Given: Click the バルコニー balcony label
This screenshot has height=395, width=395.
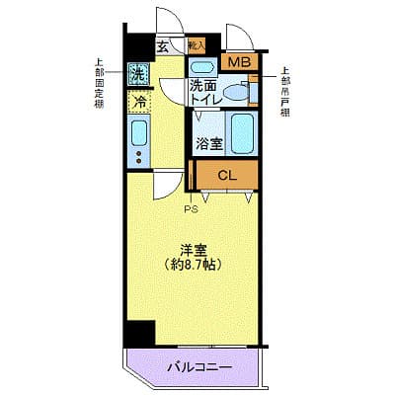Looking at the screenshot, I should (x=198, y=367).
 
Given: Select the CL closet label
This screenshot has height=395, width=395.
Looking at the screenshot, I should (x=227, y=175).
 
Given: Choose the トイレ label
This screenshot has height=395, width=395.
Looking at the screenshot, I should (x=206, y=99).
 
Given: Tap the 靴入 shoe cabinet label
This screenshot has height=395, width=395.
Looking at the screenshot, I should (x=196, y=45).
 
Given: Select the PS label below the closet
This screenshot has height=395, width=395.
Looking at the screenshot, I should (x=190, y=209).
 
